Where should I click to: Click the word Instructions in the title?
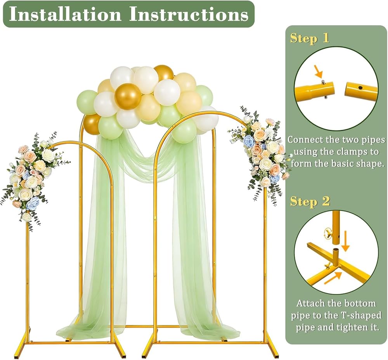click(189, 14)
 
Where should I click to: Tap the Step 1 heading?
click(310, 38)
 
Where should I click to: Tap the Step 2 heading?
click(310, 202)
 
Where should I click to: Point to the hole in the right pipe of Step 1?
click(360, 87)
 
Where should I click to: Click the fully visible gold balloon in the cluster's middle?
click(128, 96)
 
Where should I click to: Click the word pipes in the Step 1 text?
click(373, 140)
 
